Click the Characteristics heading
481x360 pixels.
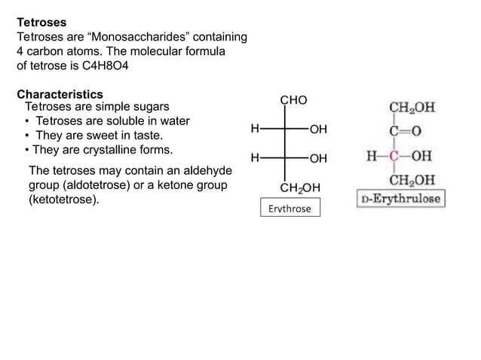tap(60, 95)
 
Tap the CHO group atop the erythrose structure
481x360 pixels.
tap(293, 101)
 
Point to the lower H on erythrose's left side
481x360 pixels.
tap(255, 158)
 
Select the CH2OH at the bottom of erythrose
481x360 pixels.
tap(300, 188)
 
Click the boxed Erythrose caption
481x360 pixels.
tap(290, 209)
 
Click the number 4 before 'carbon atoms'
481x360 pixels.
tap(20, 51)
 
